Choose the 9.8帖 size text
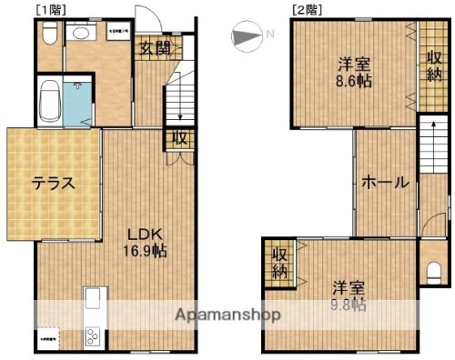tap(349, 305)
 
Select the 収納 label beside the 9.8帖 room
tap(279, 263)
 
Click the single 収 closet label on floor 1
tap(180, 138)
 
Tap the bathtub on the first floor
tap(49, 103)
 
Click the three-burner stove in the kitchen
tap(95, 336)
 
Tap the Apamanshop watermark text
tap(228, 315)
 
